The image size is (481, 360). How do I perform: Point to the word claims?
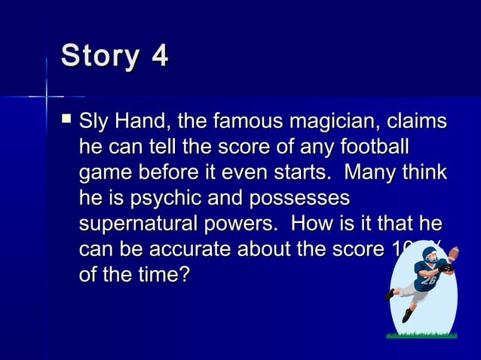[x=417, y=121]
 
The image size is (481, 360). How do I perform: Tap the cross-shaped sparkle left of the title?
[x=47, y=96]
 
